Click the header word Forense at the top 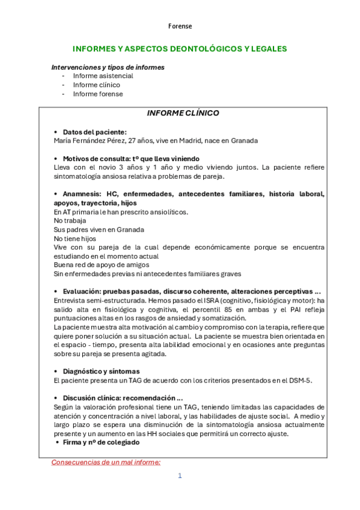(180, 26)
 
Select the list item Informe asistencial (103, 76)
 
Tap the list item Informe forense (98, 94)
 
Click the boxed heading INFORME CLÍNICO (183, 113)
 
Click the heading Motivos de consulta (96, 158)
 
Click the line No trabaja (70, 221)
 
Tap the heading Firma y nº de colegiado (101, 442)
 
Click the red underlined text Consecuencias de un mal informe (106, 462)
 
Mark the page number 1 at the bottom (179, 476)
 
